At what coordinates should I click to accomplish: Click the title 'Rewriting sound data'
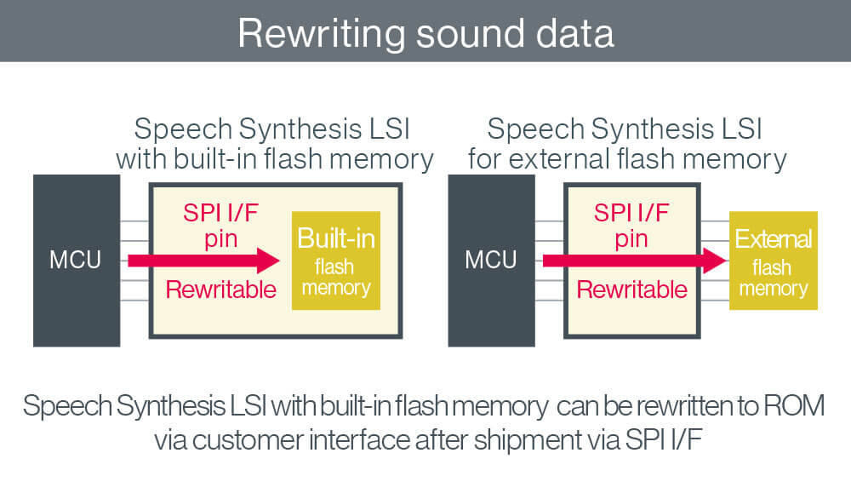point(425,32)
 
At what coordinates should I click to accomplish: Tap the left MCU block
point(75,260)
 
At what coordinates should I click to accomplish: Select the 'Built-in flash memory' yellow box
point(335,260)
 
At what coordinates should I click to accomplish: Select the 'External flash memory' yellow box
point(773,260)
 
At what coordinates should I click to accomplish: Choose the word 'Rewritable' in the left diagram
point(221,289)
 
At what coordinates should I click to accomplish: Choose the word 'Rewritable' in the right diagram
point(631,289)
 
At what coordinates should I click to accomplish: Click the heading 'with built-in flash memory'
point(274,159)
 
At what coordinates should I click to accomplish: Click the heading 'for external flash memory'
point(626,159)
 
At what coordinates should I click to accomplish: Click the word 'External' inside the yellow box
point(773,239)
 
